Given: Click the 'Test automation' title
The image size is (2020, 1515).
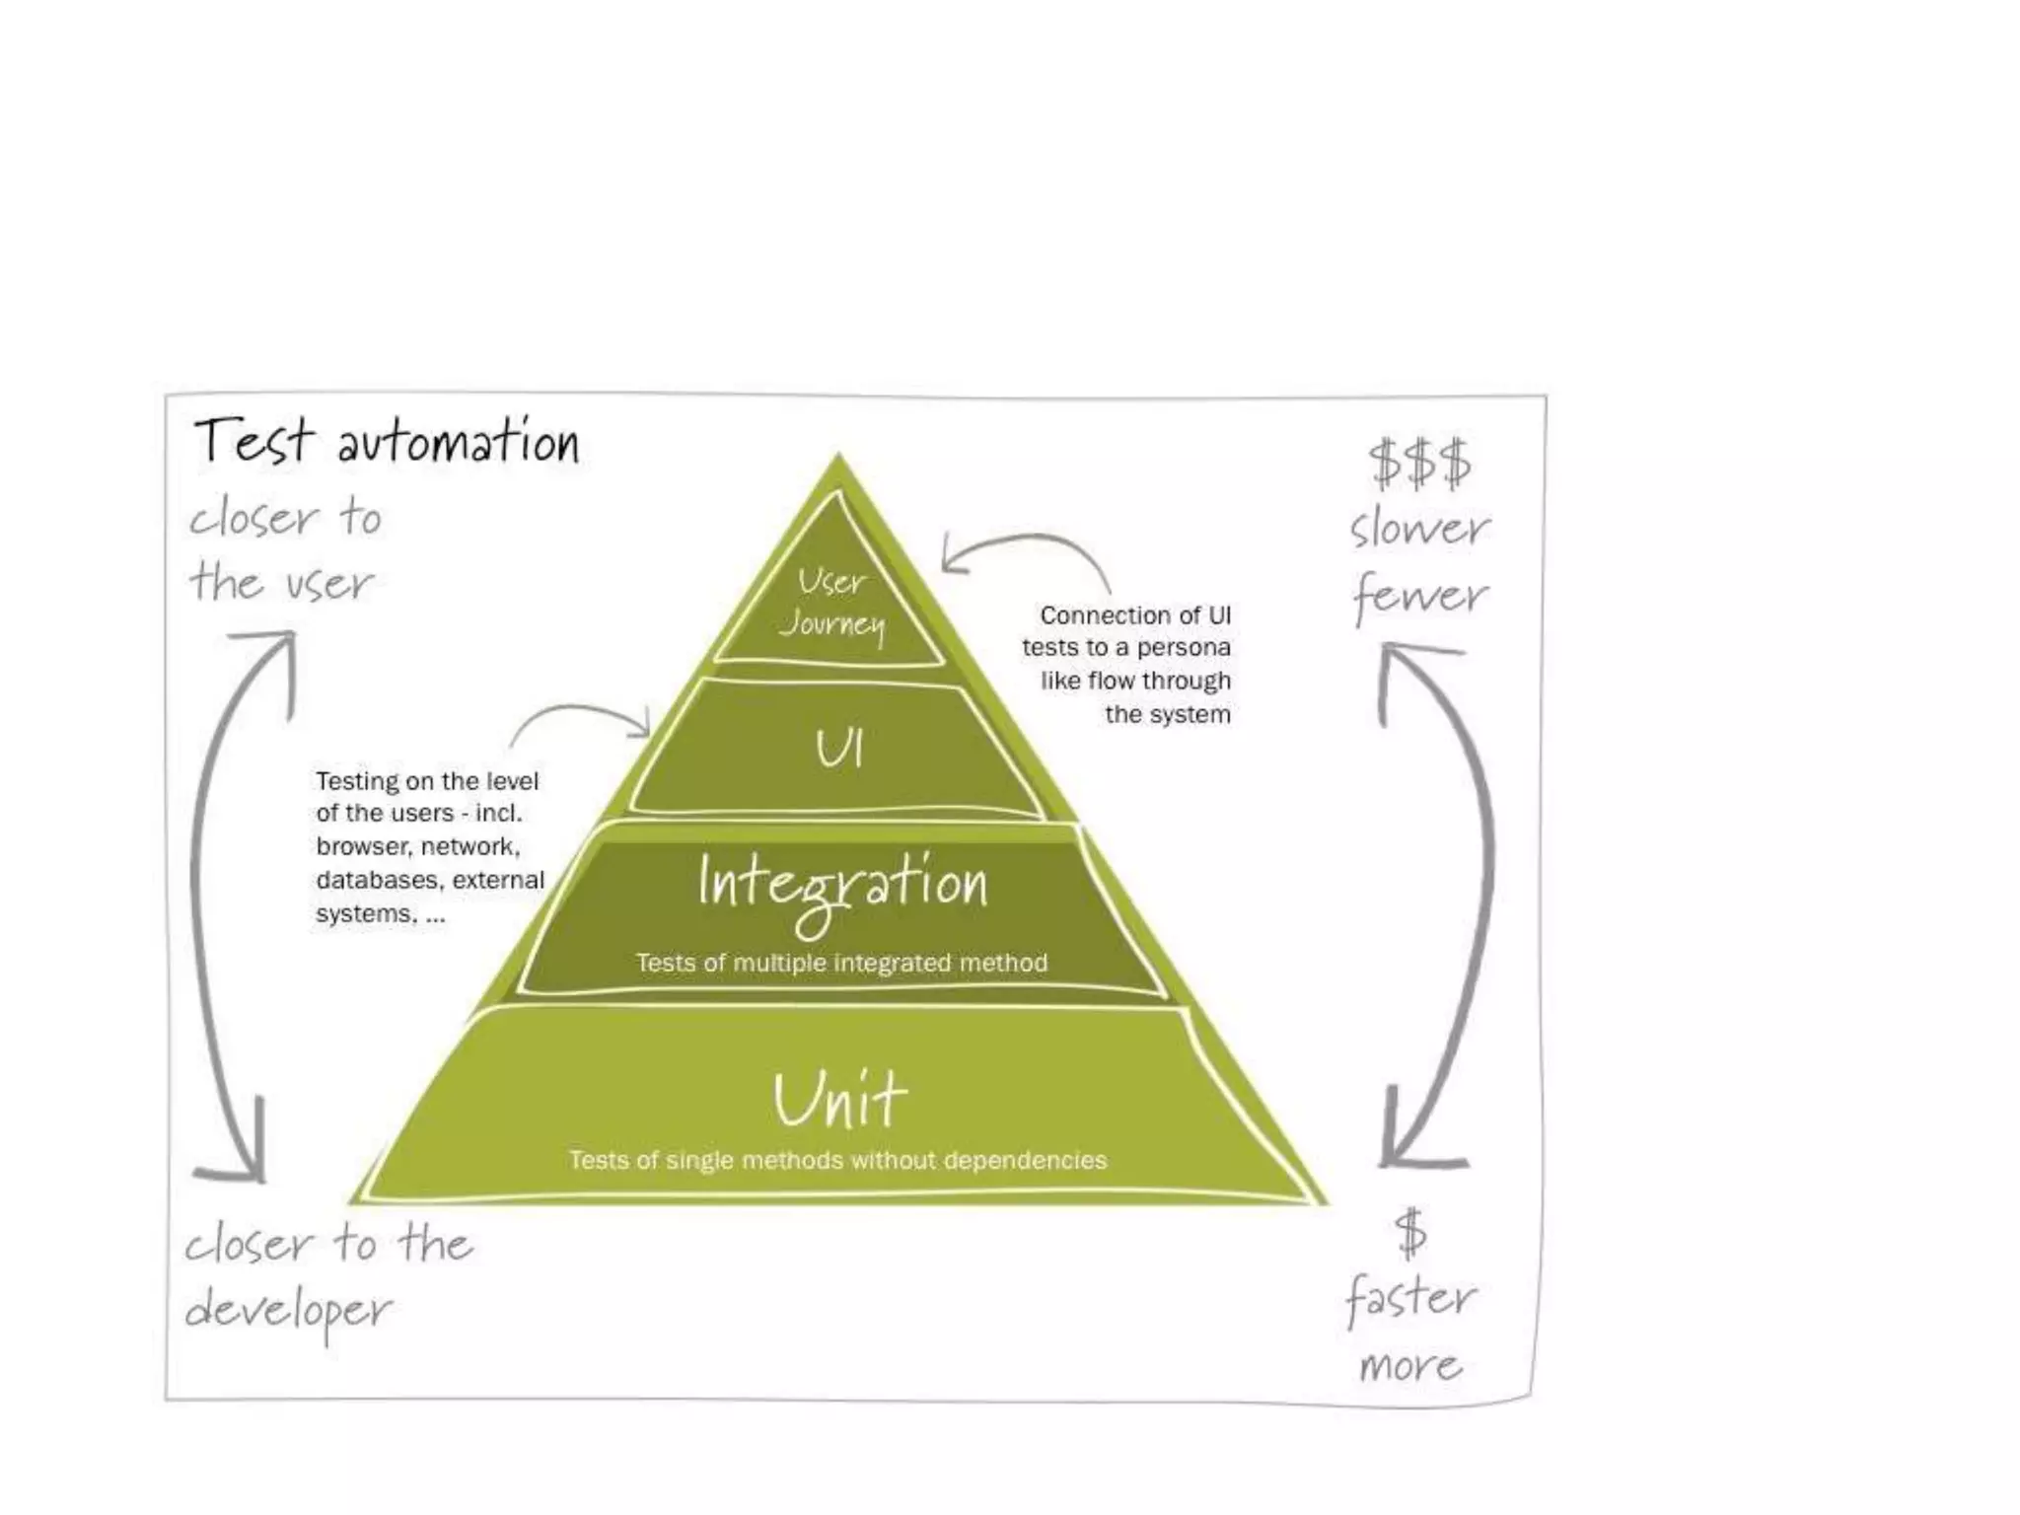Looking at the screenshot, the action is coord(387,441).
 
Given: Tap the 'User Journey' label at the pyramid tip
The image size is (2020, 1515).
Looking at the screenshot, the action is coord(832,603).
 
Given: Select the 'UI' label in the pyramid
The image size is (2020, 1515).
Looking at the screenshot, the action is coord(838,750).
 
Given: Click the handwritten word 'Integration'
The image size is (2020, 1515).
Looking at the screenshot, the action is coord(841,885).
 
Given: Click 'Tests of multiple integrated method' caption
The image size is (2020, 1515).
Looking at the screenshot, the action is coord(841,963).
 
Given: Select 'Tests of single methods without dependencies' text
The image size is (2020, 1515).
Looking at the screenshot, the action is coord(837,1160).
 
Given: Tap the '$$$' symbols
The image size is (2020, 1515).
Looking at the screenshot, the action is coord(1419,464).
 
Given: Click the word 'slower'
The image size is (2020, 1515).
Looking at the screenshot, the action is coord(1419,529).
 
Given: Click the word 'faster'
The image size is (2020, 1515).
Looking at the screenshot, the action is coord(1411,1298).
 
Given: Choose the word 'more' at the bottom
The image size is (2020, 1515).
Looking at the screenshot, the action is coord(1410,1366).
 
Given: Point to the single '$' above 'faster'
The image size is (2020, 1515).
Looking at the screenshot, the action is coord(1410,1234).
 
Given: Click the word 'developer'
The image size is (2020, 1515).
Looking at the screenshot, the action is coord(288,1312).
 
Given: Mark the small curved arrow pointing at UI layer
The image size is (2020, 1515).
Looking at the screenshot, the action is coord(582,716).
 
